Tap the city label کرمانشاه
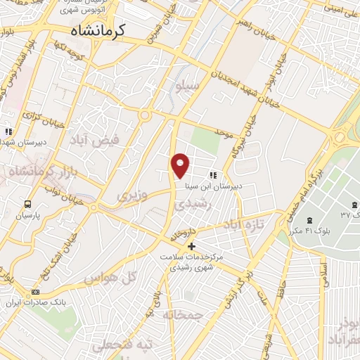pos(98,30)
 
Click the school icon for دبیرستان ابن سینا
pos(212,175)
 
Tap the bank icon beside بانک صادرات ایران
pos(36,292)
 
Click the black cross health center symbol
pos(191,246)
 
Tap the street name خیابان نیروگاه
pos(250,138)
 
